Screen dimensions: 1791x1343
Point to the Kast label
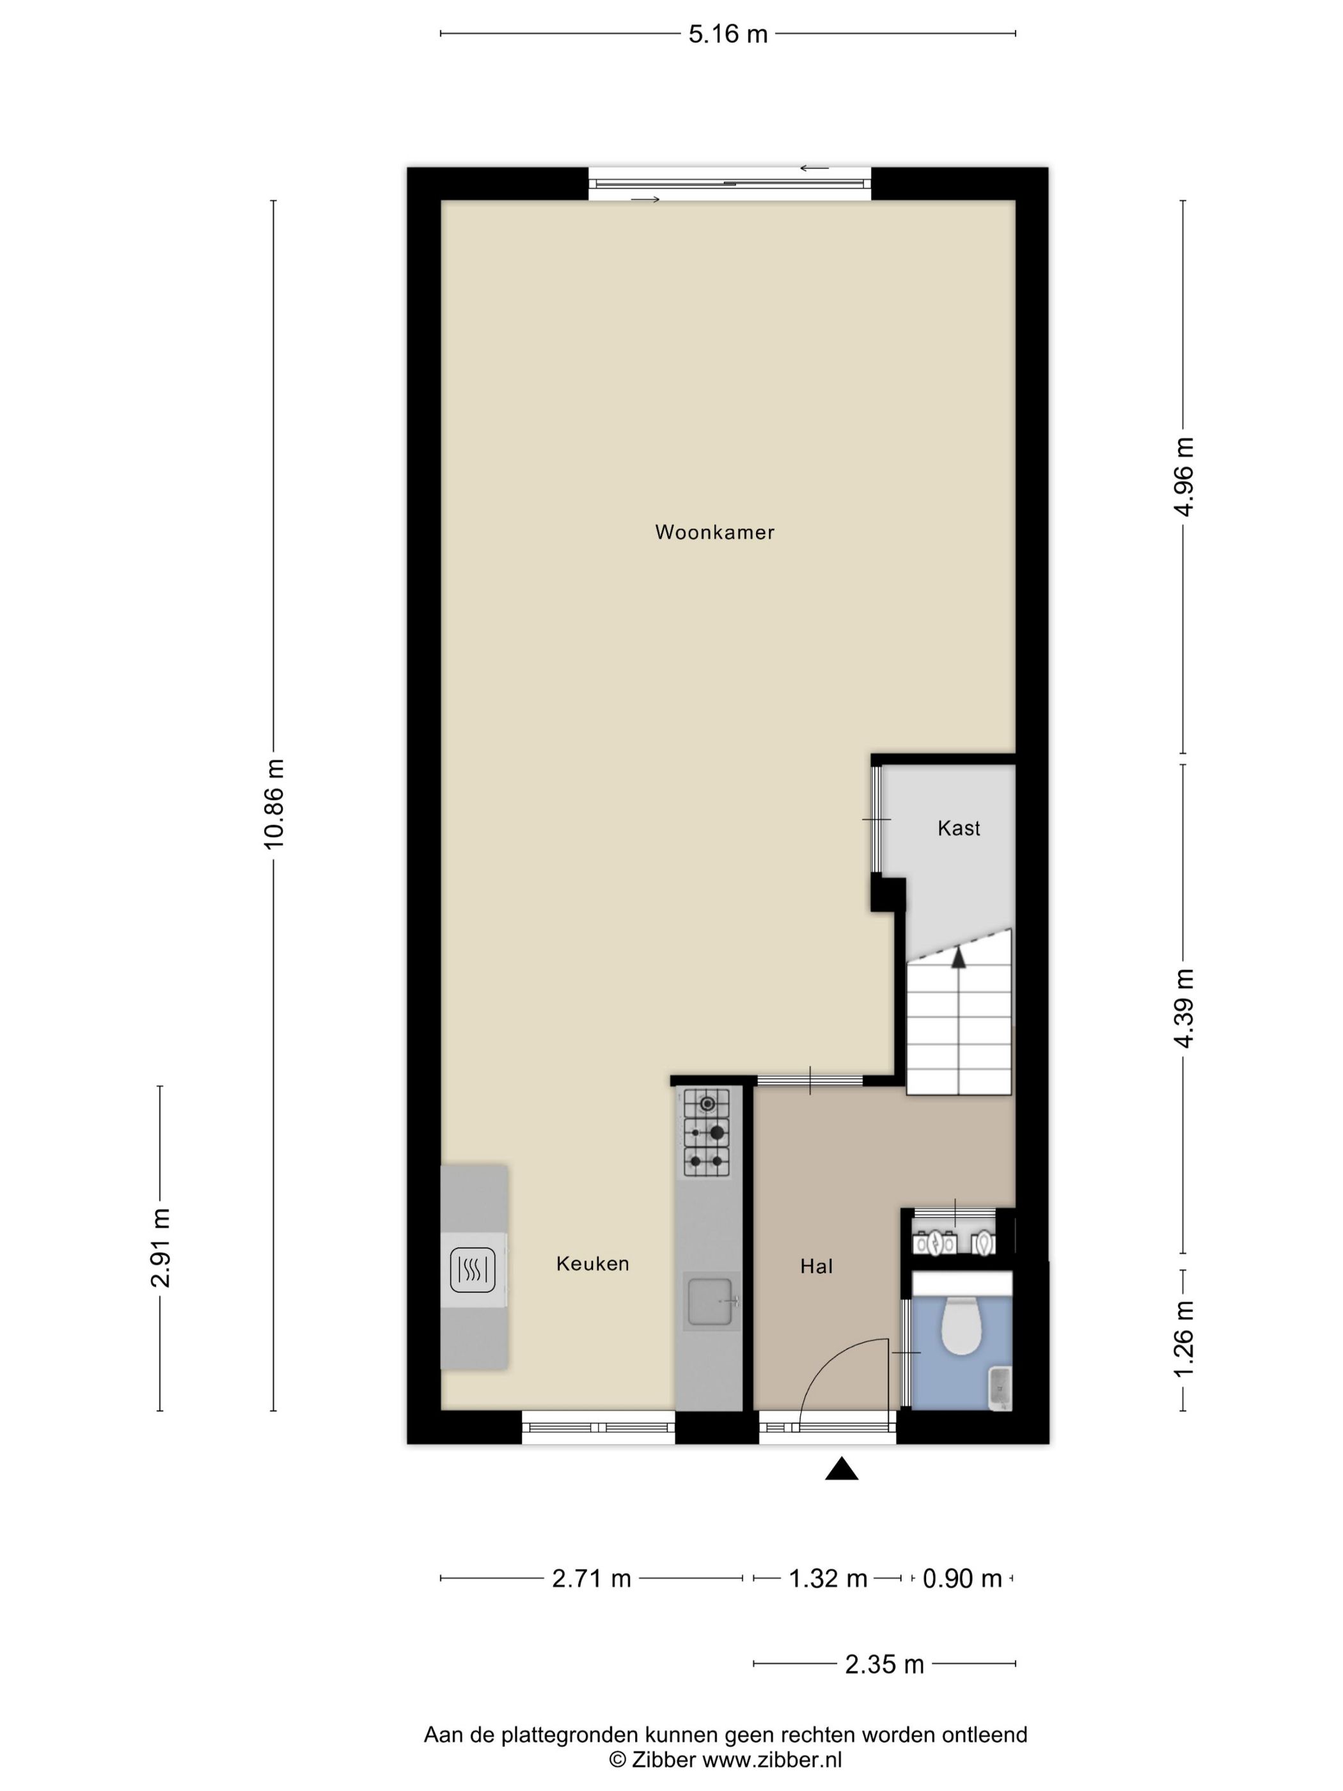click(x=959, y=828)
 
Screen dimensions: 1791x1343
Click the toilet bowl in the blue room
click(x=962, y=1325)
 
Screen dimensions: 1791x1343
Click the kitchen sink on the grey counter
click(x=710, y=1300)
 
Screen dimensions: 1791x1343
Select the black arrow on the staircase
click(x=959, y=958)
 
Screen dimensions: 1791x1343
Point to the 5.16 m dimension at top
click(x=728, y=34)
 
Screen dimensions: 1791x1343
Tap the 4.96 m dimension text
click(x=1184, y=476)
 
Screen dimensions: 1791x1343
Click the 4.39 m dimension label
click(x=1184, y=1008)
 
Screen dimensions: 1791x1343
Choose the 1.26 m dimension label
click(x=1184, y=1337)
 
